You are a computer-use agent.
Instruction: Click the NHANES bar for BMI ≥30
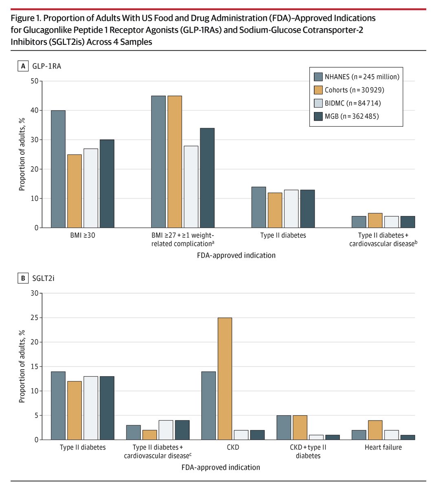point(58,169)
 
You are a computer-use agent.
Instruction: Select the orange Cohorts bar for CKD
point(225,379)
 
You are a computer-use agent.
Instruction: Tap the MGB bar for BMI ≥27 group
point(207,178)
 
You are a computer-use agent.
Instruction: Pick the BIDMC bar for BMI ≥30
point(91,188)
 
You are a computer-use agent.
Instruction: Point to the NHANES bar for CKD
point(209,406)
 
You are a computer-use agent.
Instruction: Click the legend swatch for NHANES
point(318,77)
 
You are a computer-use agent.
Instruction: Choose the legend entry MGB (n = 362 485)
point(352,117)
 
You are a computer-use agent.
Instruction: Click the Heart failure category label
point(384,447)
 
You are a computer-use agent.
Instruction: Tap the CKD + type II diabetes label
point(309,452)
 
